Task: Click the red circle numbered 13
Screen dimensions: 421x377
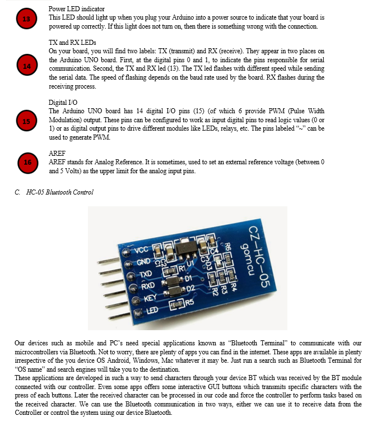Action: click(26, 18)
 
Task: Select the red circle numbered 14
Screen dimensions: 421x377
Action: click(26, 66)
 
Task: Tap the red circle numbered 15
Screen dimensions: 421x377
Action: click(26, 121)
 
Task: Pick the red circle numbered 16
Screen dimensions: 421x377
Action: click(26, 163)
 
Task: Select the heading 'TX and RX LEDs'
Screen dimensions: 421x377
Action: click(73, 43)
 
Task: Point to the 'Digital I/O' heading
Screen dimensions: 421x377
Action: click(63, 103)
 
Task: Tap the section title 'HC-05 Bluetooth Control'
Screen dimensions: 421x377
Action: click(59, 192)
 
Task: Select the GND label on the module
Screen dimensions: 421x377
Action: click(144, 263)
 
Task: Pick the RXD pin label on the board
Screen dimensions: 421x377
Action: click(148, 286)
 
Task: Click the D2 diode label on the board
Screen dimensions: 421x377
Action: click(188, 288)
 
